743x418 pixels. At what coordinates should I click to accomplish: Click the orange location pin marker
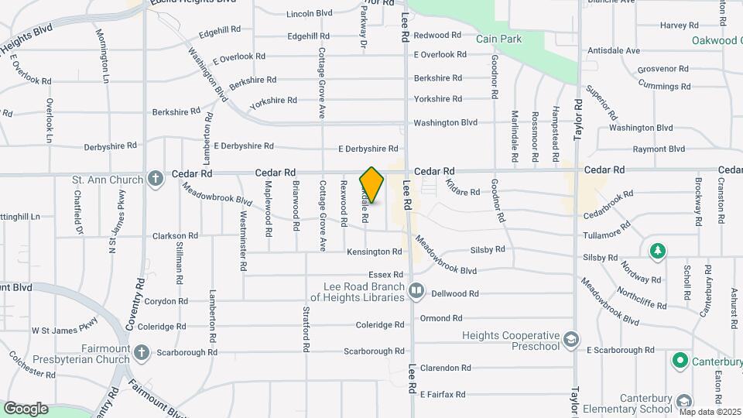tap(372, 185)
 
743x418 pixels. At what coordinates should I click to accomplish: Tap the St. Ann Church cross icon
tap(156, 180)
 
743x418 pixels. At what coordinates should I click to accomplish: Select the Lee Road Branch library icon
tap(416, 291)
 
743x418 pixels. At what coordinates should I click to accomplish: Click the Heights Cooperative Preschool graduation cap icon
tap(570, 340)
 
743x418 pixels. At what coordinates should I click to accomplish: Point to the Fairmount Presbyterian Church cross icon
tap(141, 353)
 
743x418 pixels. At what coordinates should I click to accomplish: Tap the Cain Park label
tap(498, 39)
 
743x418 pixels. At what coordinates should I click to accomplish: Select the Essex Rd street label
tap(385, 274)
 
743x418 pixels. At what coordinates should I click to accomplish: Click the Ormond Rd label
tap(440, 318)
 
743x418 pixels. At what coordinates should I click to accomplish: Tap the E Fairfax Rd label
tap(442, 394)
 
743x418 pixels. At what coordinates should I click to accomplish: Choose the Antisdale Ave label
tap(614, 50)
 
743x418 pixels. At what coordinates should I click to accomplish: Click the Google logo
tap(25, 408)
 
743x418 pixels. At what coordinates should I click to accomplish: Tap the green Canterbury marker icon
tap(680, 360)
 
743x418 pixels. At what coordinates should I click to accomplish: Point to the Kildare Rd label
tap(463, 187)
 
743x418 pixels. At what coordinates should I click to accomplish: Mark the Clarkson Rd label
tap(175, 235)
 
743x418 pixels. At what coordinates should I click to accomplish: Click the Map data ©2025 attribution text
tap(709, 412)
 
